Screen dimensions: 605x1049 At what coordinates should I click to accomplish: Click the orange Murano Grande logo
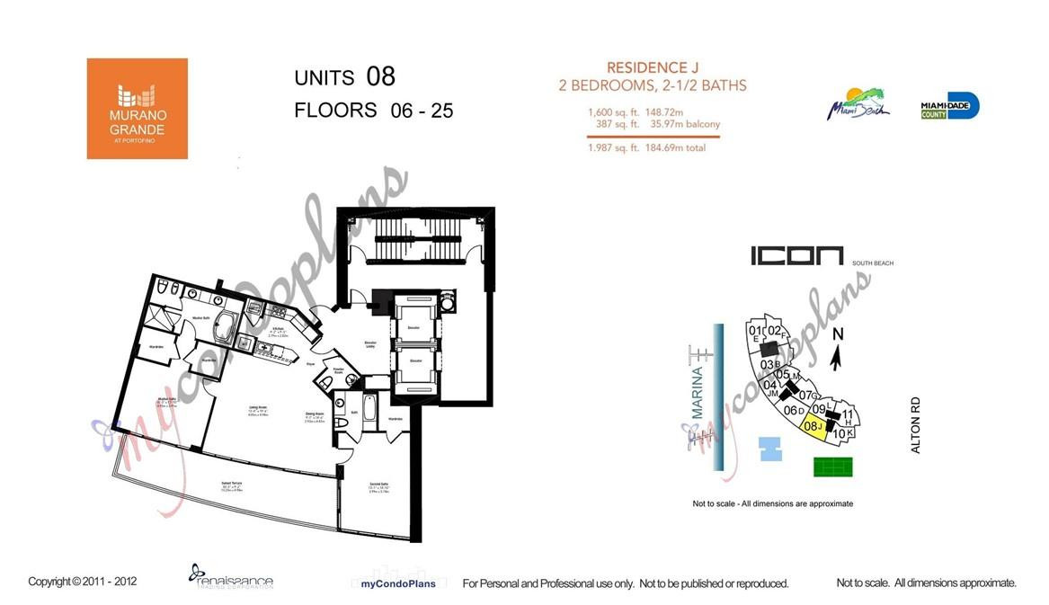pos(137,109)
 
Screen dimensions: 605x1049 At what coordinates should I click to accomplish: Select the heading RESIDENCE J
pos(653,67)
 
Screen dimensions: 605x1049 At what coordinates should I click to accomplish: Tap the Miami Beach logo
pos(858,104)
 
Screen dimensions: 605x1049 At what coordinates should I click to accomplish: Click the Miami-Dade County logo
pos(949,106)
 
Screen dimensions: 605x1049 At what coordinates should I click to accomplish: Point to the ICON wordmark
pos(796,256)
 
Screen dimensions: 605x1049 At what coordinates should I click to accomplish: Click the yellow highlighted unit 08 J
pos(814,428)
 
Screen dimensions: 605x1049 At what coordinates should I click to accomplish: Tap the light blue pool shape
pos(770,449)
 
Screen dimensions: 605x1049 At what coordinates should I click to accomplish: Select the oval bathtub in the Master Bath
pos(222,328)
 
